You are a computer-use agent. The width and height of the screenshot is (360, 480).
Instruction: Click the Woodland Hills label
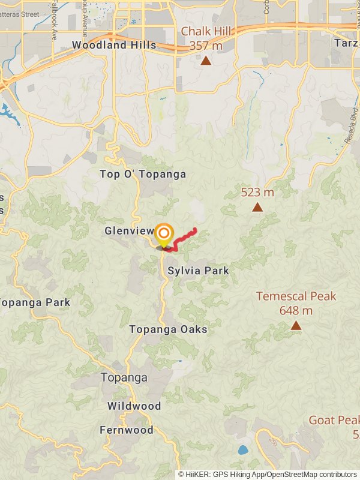click(113, 45)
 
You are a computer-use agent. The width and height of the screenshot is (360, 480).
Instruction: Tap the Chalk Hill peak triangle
click(206, 60)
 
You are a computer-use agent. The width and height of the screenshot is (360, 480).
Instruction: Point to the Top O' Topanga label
click(143, 174)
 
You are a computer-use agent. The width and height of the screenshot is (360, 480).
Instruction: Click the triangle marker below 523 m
click(257, 207)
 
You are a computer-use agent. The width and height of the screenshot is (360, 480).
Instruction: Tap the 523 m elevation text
click(257, 192)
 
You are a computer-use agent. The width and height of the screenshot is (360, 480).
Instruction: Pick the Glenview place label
click(129, 231)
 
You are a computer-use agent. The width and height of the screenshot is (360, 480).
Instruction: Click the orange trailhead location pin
click(164, 234)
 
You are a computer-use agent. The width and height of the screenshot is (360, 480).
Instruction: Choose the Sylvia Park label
click(198, 271)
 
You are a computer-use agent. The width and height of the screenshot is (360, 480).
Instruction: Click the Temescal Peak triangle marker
click(296, 325)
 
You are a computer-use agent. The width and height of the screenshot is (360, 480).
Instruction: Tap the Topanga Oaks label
click(168, 329)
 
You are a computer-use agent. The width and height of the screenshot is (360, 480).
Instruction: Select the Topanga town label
click(124, 377)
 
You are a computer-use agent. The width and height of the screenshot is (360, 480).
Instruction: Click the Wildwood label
click(134, 406)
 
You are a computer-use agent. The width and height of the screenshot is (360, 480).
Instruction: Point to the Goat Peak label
click(334, 420)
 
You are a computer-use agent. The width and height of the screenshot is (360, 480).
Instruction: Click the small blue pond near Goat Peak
click(242, 449)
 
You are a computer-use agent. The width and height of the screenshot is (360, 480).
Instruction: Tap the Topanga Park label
click(35, 302)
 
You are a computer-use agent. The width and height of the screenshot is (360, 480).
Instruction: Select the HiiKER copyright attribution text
click(268, 474)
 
